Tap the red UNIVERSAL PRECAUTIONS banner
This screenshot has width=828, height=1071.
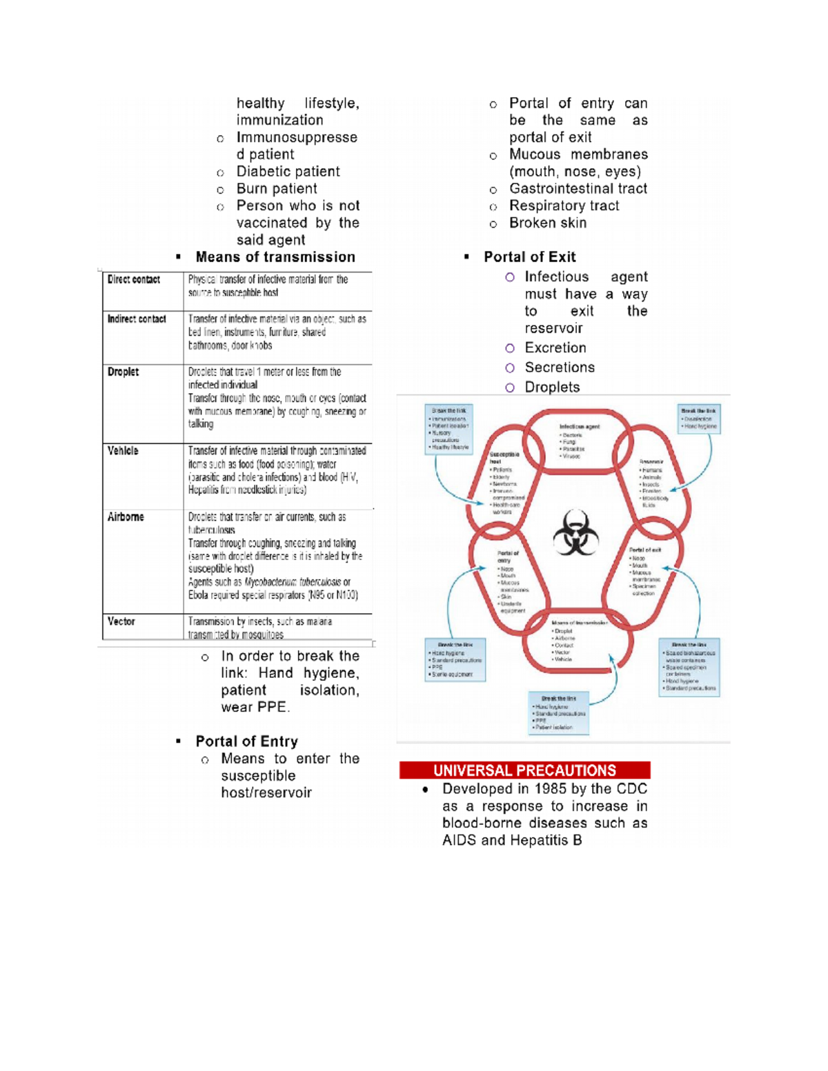(x=524, y=770)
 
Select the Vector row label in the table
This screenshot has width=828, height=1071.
(x=121, y=621)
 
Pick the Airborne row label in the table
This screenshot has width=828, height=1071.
(x=126, y=517)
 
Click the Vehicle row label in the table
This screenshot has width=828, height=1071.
(x=123, y=450)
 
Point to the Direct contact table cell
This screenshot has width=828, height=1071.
(x=134, y=279)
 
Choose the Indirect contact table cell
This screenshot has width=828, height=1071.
(x=137, y=319)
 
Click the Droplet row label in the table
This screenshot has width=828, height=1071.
(x=123, y=372)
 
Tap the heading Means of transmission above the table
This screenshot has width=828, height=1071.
(x=275, y=257)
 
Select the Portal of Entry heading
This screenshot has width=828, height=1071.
(x=246, y=741)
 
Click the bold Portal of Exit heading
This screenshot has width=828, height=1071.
(x=529, y=257)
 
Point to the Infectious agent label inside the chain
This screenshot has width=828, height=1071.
(x=579, y=426)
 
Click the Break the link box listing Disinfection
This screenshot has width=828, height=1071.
(x=698, y=419)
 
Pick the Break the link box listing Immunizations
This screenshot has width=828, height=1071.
(x=449, y=428)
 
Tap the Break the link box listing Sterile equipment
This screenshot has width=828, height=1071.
(x=455, y=659)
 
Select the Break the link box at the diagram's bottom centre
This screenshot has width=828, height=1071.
(x=558, y=712)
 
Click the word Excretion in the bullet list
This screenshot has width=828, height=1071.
(x=555, y=348)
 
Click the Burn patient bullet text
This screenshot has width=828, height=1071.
(x=277, y=189)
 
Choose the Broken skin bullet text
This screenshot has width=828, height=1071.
(x=548, y=223)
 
